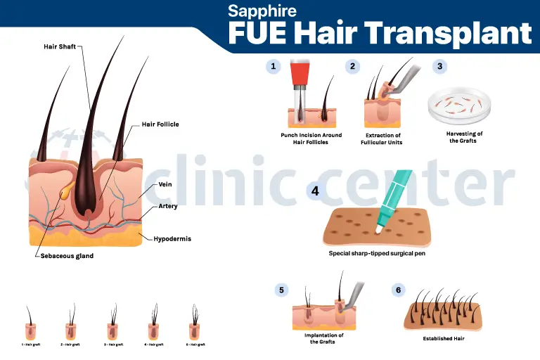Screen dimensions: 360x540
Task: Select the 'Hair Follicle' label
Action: point(160,124)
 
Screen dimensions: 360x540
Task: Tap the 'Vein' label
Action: point(166,184)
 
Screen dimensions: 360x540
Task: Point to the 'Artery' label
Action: point(168,206)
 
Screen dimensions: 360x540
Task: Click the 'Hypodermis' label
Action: point(173,239)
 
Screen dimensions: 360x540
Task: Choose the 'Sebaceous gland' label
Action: point(67,256)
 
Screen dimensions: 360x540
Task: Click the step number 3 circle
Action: point(439,67)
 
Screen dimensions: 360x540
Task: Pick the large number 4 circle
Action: point(316,191)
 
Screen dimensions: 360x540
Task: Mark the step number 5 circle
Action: point(282,290)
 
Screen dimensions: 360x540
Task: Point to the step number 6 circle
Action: point(398,290)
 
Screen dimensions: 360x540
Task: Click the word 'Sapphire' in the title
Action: point(262,12)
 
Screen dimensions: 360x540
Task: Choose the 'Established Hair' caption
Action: point(443,339)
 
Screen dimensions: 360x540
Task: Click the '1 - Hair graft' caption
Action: point(30,345)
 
